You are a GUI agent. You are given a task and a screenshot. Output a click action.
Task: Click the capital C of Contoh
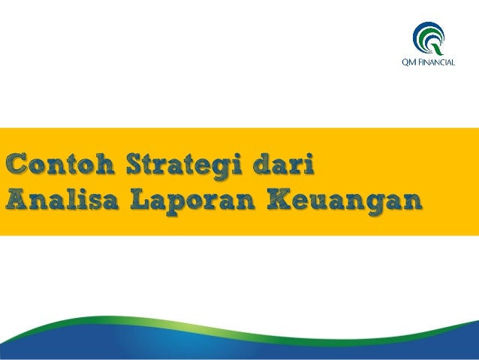[19, 163]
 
